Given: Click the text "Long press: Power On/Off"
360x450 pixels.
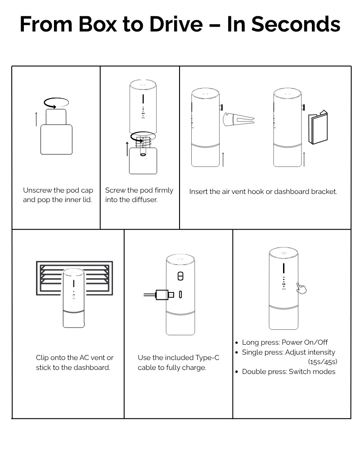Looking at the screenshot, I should pyautogui.click(x=285, y=342).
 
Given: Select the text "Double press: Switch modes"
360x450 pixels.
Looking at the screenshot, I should pyautogui.click(x=288, y=371).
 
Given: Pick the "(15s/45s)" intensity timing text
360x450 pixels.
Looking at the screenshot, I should pyautogui.click(x=323, y=361).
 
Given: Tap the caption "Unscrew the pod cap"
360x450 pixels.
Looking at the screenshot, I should pyautogui.click(x=58, y=190).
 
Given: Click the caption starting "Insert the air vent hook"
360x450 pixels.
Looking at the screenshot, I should pyautogui.click(x=263, y=191).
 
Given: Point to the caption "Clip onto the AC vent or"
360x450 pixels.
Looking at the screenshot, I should pyautogui.click(x=75, y=358).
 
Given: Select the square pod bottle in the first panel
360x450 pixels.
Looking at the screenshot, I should pyautogui.click(x=57, y=139).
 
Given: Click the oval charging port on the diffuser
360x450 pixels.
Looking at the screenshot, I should pyautogui.click(x=180, y=295).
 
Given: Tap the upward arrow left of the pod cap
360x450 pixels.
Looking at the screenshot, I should pyautogui.click(x=36, y=120).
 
